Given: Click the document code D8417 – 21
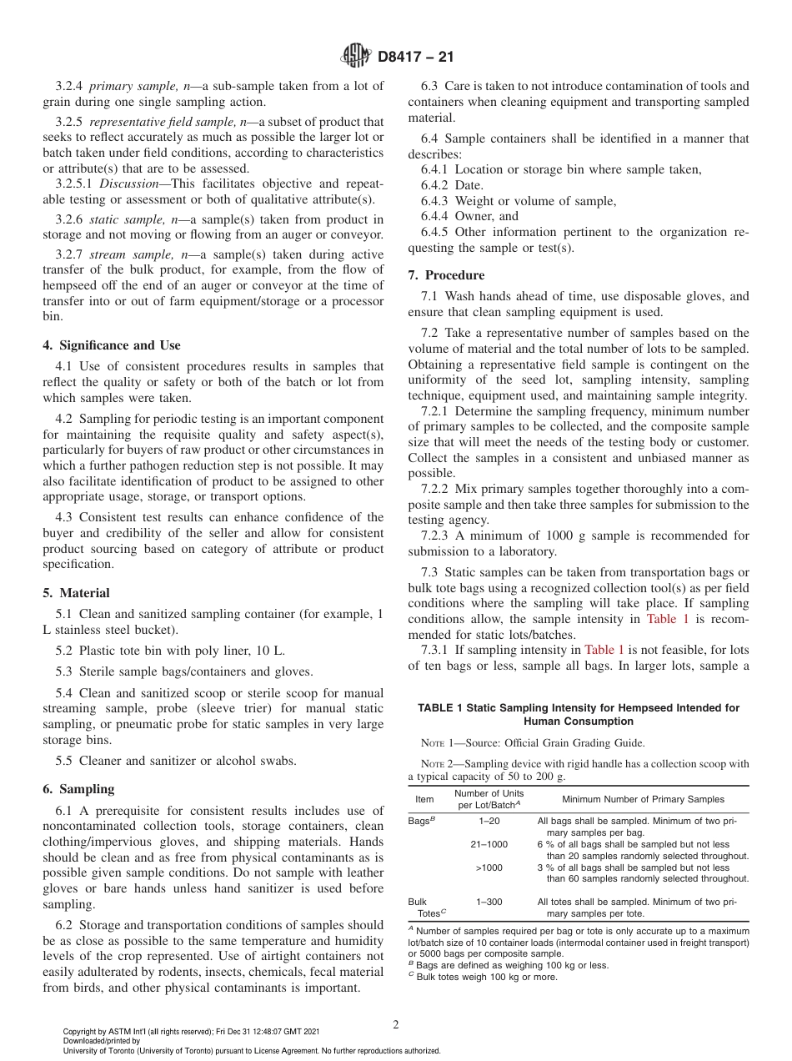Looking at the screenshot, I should pos(415,58).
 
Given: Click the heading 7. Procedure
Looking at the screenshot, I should pos(446,275).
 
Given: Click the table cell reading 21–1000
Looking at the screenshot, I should pos(489,845).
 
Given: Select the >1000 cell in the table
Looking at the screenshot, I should pos(489,867).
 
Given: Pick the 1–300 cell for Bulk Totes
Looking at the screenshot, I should pos(489,902).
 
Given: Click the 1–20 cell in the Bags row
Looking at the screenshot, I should pos(489,822).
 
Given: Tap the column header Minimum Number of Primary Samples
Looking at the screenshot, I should pos(643,799).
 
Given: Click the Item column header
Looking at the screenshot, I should pos(424,799).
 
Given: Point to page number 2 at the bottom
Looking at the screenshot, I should pos(396,1025).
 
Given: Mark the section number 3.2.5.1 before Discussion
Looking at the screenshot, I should pos(73,183).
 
